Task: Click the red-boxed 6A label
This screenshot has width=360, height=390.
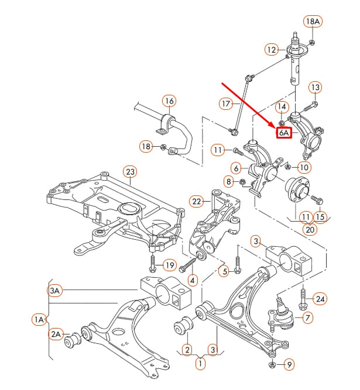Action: tap(284, 133)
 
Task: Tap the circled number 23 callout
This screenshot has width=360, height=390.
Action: tap(130, 171)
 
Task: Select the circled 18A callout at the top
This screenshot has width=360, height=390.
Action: tap(313, 22)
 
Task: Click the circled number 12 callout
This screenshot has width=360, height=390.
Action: tap(271, 50)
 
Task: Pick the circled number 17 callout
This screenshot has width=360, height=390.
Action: tap(227, 104)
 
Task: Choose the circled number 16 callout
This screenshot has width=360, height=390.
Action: tap(169, 101)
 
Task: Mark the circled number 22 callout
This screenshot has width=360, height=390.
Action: tap(196, 202)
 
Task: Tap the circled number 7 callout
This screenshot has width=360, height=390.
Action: tap(307, 317)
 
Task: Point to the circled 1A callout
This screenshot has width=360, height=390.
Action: tap(39, 319)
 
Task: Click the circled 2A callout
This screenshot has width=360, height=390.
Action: tap(56, 334)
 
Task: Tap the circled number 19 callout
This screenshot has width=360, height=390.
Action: tap(169, 265)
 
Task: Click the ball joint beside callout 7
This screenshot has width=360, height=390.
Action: tap(281, 313)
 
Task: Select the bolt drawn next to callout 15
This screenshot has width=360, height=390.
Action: tap(317, 200)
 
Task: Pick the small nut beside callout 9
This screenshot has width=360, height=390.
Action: tap(273, 365)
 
